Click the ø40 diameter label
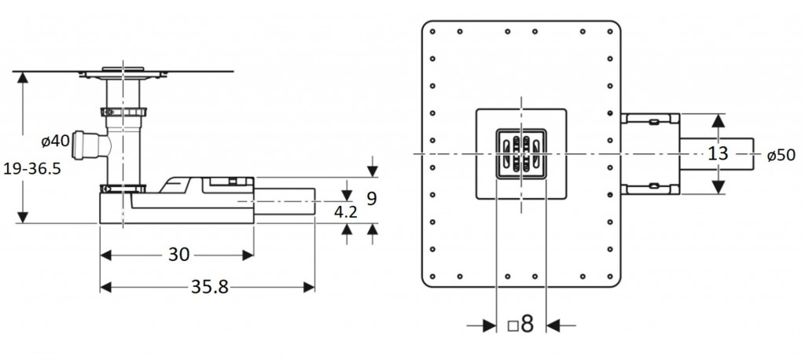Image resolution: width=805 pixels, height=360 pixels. pyautogui.click(x=56, y=141)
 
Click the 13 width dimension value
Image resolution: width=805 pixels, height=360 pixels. pyautogui.click(x=718, y=154)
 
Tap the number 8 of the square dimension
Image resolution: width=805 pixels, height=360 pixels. pyautogui.click(x=527, y=324)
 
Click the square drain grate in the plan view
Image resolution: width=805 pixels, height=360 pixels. pyautogui.click(x=520, y=154)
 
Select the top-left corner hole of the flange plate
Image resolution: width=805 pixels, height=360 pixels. pyautogui.click(x=433, y=32)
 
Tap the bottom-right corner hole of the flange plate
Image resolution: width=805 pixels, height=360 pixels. pyautogui.click(x=609, y=276)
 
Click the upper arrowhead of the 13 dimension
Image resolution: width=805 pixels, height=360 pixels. pyautogui.click(x=718, y=120)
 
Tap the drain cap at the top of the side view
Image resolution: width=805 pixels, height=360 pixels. pyautogui.click(x=123, y=68)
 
